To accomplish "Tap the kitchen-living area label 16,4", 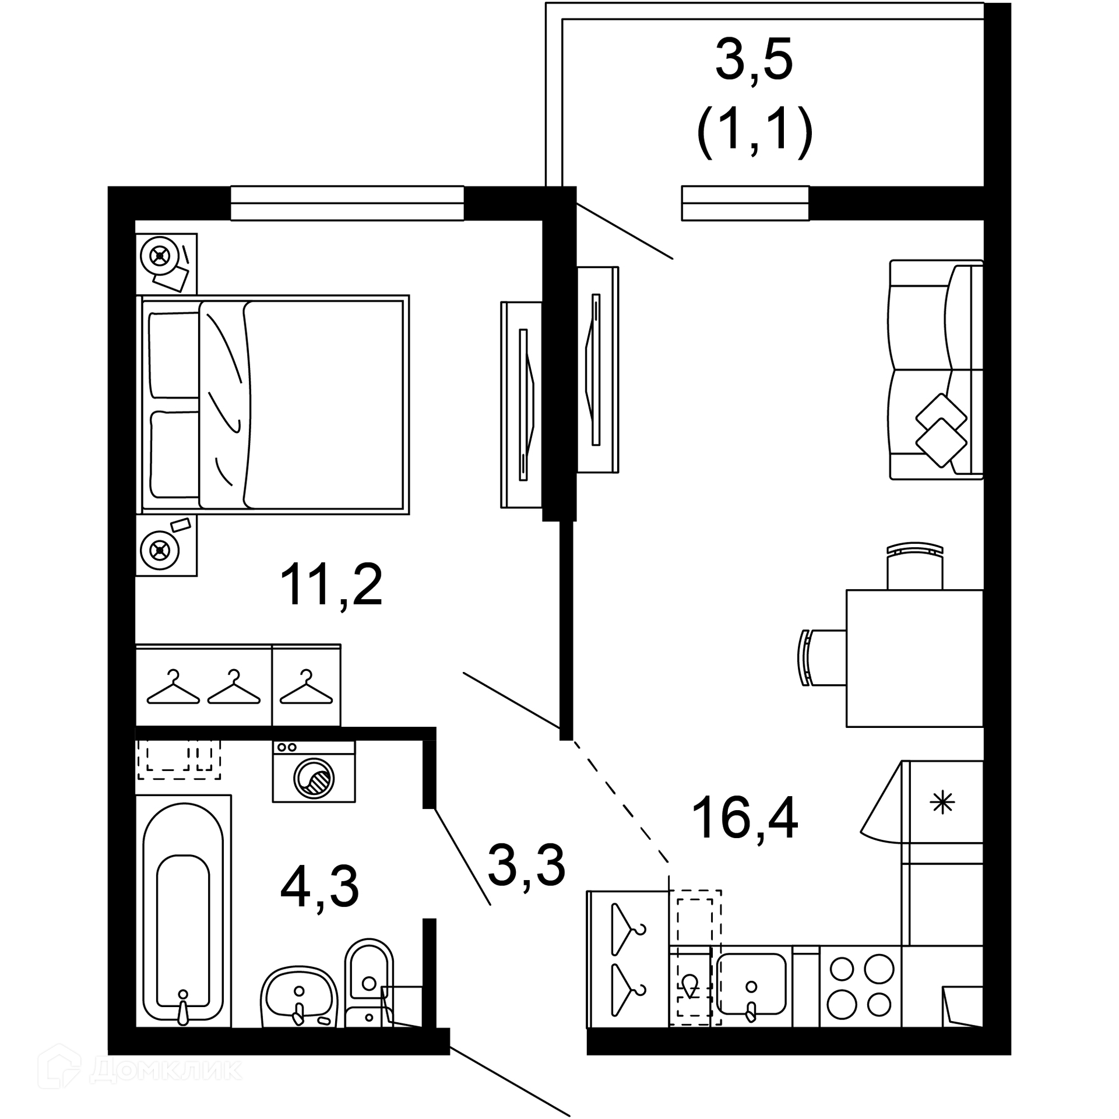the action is coord(744,819).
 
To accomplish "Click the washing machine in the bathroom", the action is coord(314,771).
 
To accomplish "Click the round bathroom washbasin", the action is coord(299,996).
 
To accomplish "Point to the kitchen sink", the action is coord(751,984).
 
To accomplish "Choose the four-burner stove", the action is coord(860,986).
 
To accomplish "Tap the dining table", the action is coord(914,659).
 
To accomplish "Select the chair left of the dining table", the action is coord(822,657).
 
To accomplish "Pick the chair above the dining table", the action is coord(914,566).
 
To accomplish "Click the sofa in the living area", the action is coord(936,370).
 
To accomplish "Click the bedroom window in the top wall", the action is coord(347,203).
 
